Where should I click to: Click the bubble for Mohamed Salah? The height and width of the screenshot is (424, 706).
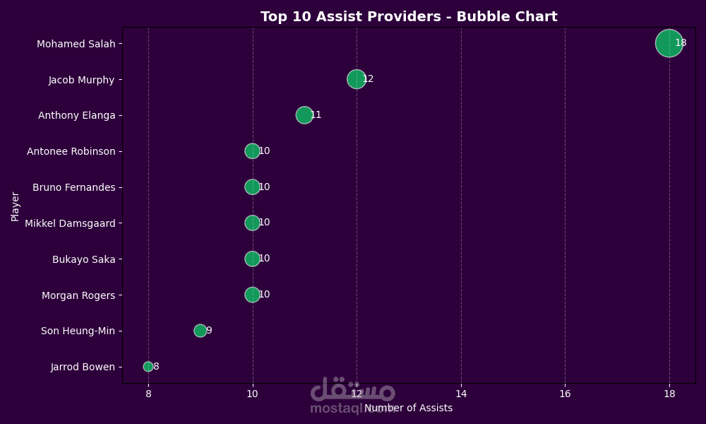click(669, 43)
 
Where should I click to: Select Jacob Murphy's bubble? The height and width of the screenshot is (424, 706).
click(357, 79)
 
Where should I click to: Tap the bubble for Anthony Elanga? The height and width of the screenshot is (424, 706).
click(304, 115)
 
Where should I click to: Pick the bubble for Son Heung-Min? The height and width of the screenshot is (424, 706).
click(201, 331)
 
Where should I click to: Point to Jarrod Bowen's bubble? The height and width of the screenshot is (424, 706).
click(148, 367)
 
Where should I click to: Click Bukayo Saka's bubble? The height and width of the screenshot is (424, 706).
click(252, 259)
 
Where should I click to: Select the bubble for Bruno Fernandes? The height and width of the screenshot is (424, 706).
click(252, 187)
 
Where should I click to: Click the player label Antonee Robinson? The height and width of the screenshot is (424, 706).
click(71, 151)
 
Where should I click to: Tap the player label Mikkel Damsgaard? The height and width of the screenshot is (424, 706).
click(70, 223)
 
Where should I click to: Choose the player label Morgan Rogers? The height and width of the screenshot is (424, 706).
click(78, 295)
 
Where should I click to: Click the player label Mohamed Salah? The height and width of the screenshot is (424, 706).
click(76, 44)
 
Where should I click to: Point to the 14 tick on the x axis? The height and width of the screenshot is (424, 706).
click(461, 393)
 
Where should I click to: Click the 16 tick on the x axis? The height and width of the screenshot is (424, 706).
click(565, 393)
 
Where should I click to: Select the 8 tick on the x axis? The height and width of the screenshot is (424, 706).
click(148, 393)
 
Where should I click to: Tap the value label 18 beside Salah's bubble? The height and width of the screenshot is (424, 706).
click(681, 43)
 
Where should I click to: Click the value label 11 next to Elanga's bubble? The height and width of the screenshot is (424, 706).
click(316, 115)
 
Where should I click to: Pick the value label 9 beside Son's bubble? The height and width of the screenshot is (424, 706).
click(209, 331)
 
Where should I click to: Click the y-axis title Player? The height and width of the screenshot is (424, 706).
click(16, 206)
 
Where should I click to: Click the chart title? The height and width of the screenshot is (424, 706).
click(409, 17)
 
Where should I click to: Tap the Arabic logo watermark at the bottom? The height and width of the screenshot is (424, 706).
click(352, 390)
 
